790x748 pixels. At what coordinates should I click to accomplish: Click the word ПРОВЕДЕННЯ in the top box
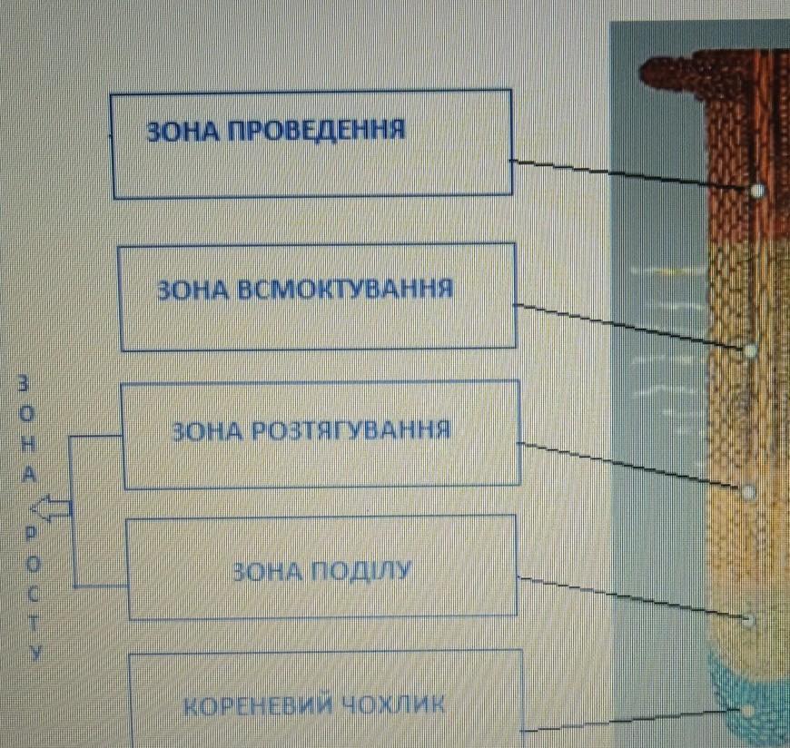coord(316,131)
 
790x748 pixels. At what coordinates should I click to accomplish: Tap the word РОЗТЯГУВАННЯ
coord(351,430)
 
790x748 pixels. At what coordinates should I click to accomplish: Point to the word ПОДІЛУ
coord(360,572)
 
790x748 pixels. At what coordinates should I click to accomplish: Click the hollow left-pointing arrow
coord(51,507)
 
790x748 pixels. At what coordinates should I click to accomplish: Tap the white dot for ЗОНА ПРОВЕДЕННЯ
coord(756,191)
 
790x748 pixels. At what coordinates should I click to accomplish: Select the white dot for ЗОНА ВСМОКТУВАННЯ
coord(750,350)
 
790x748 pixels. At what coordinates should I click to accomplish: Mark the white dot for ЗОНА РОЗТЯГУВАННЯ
coord(748,492)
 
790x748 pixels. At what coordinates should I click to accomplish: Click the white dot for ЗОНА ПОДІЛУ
coord(748,621)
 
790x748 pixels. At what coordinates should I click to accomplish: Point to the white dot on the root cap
coord(746,710)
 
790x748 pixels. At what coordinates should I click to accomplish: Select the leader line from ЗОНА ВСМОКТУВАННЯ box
coord(630,327)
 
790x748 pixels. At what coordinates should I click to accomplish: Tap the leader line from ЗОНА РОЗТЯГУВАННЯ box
coord(630,467)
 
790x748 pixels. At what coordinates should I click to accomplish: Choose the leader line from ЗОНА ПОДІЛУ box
coord(631,598)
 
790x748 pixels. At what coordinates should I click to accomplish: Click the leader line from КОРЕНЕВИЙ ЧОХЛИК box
coord(631,720)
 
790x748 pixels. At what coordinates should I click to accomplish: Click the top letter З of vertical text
coord(24,384)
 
